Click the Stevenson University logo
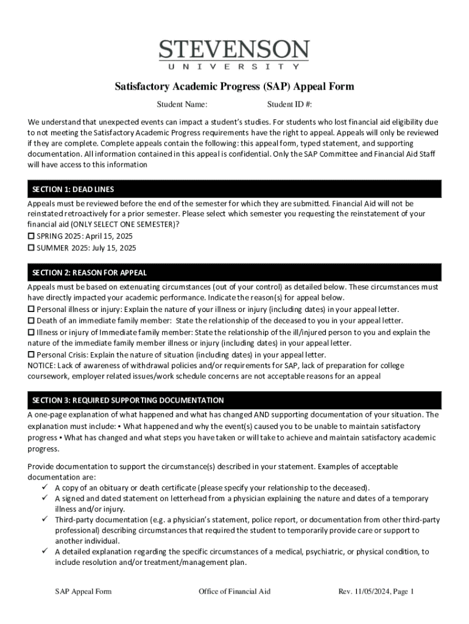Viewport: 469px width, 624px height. pyautogui.click(x=234, y=54)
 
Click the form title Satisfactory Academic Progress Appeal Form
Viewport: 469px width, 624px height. pyautogui.click(x=234, y=87)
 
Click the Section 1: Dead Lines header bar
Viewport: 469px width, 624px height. pyautogui.click(x=234, y=190)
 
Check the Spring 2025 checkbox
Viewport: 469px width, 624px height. pyautogui.click(x=31, y=236)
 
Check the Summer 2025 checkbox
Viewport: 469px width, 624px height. pyautogui.click(x=31, y=248)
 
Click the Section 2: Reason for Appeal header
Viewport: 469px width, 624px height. pyautogui.click(x=234, y=272)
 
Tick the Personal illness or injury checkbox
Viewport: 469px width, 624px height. pyautogui.click(x=31, y=310)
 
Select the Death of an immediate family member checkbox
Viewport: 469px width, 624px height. pyautogui.click(x=31, y=321)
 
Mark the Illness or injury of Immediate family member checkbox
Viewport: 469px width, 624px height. pyautogui.click(x=31, y=332)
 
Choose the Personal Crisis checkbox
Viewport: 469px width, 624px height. pyautogui.click(x=31, y=355)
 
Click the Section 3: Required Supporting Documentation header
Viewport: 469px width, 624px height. pyautogui.click(x=234, y=400)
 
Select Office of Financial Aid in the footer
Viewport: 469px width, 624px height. pyautogui.click(x=234, y=591)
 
